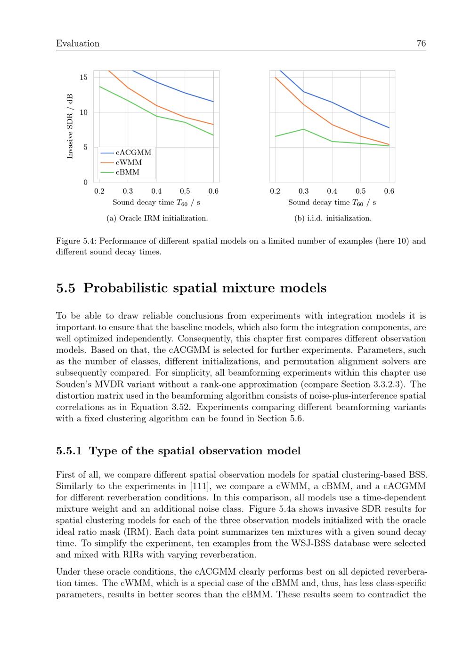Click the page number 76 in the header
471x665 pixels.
[x=421, y=44]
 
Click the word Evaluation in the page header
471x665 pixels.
[x=78, y=44]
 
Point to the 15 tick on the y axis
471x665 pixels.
[x=83, y=78]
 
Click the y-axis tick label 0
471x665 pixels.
[x=85, y=182]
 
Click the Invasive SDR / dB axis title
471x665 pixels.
[x=70, y=126]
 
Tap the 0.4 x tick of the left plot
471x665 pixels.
[x=156, y=191]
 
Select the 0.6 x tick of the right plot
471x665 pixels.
[x=389, y=191]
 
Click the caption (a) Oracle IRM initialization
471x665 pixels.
[x=157, y=218]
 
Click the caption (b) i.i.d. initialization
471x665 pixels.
[x=333, y=218]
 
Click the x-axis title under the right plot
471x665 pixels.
[x=332, y=203]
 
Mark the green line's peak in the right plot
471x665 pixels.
[x=304, y=129]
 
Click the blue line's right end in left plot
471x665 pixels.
[x=213, y=102]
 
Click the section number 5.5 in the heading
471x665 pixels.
[x=65, y=288]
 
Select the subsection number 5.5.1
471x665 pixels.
[x=69, y=451]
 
